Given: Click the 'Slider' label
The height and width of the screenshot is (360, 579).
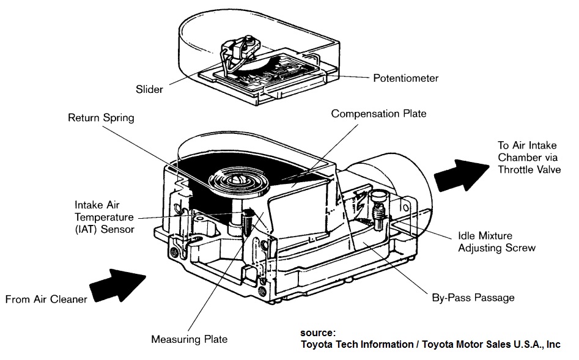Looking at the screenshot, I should coord(149,89).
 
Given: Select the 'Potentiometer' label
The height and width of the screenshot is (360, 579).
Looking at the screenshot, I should coord(405,78).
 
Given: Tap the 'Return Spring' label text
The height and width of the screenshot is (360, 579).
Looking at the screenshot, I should coord(101,117).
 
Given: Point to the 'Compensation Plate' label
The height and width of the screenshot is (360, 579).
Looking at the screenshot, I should coord(378,114).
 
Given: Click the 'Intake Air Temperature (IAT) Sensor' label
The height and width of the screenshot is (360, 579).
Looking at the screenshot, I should coord(105,218).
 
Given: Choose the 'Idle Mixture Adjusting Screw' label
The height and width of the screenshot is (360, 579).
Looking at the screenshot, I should coord(496,241).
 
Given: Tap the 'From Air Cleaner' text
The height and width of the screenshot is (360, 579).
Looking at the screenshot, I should coord(46,299).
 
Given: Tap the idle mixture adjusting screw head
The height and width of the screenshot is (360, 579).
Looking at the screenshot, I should coord(377,196).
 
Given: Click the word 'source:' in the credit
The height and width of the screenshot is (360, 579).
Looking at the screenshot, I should coord(317,333).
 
